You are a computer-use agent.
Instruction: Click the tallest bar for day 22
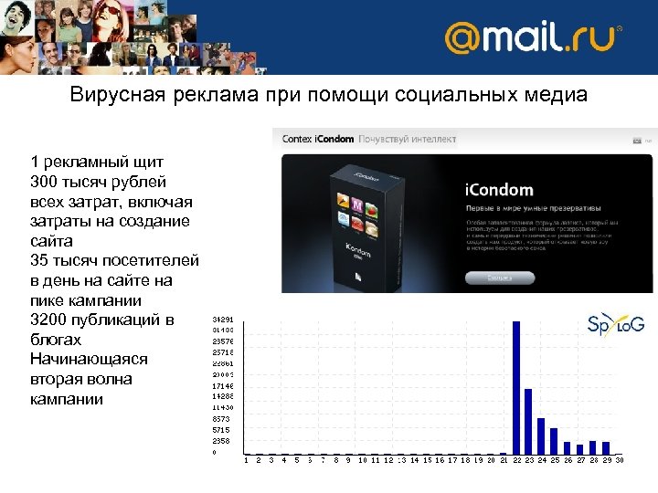(516, 387)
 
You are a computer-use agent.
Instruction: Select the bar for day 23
(528, 421)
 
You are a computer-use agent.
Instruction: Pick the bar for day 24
(541, 435)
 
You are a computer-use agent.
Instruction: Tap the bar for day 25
(554, 441)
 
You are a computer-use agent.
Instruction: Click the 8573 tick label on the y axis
(221, 418)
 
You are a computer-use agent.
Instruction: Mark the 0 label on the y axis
(215, 452)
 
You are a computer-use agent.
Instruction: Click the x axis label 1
(246, 461)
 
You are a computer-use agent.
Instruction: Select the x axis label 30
(619, 461)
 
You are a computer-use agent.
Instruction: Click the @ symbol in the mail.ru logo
(464, 39)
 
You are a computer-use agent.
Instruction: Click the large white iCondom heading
(499, 189)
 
